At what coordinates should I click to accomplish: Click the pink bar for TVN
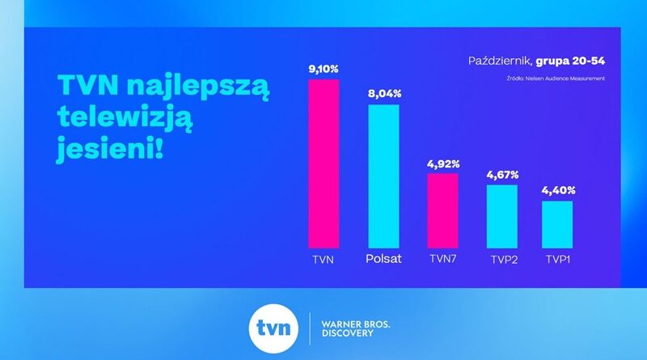323,163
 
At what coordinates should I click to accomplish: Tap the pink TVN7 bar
442,210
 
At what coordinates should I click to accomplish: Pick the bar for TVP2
501,216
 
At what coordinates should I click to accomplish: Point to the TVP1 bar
557,224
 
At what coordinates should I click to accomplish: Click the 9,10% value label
323,69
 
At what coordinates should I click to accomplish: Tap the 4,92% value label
442,163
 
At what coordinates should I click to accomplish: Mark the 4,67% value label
501,175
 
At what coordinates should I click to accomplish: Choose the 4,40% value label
558,190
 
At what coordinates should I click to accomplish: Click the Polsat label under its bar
384,260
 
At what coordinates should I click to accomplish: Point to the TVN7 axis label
443,260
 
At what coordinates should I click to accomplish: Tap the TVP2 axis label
502,260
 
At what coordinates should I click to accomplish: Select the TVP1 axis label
558,260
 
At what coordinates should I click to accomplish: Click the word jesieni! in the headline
109,149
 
